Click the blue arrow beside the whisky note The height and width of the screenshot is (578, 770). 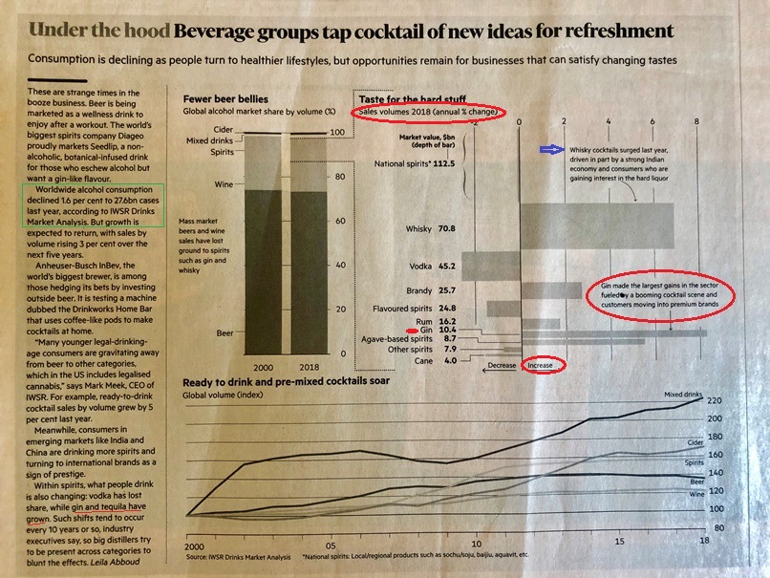(x=552, y=149)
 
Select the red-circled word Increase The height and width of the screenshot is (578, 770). (x=545, y=365)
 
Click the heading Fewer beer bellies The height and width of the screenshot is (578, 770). (x=225, y=97)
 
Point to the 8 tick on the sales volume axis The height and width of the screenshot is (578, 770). (x=697, y=122)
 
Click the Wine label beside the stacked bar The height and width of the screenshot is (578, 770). (x=225, y=183)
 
